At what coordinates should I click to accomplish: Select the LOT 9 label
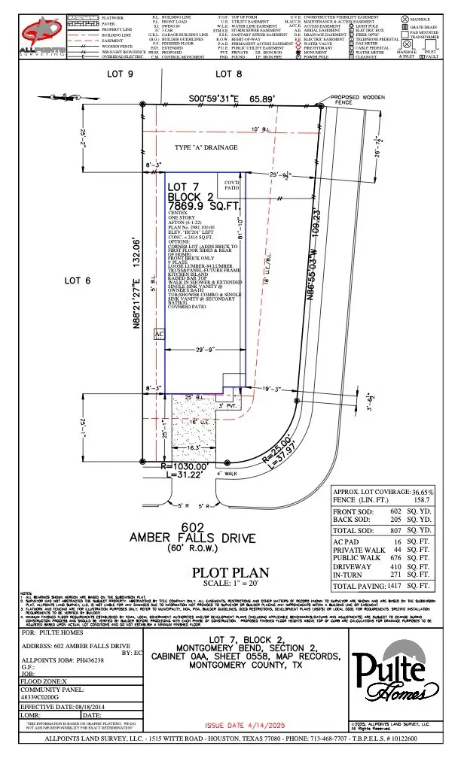point(121,74)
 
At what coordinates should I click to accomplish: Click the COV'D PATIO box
point(233,184)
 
